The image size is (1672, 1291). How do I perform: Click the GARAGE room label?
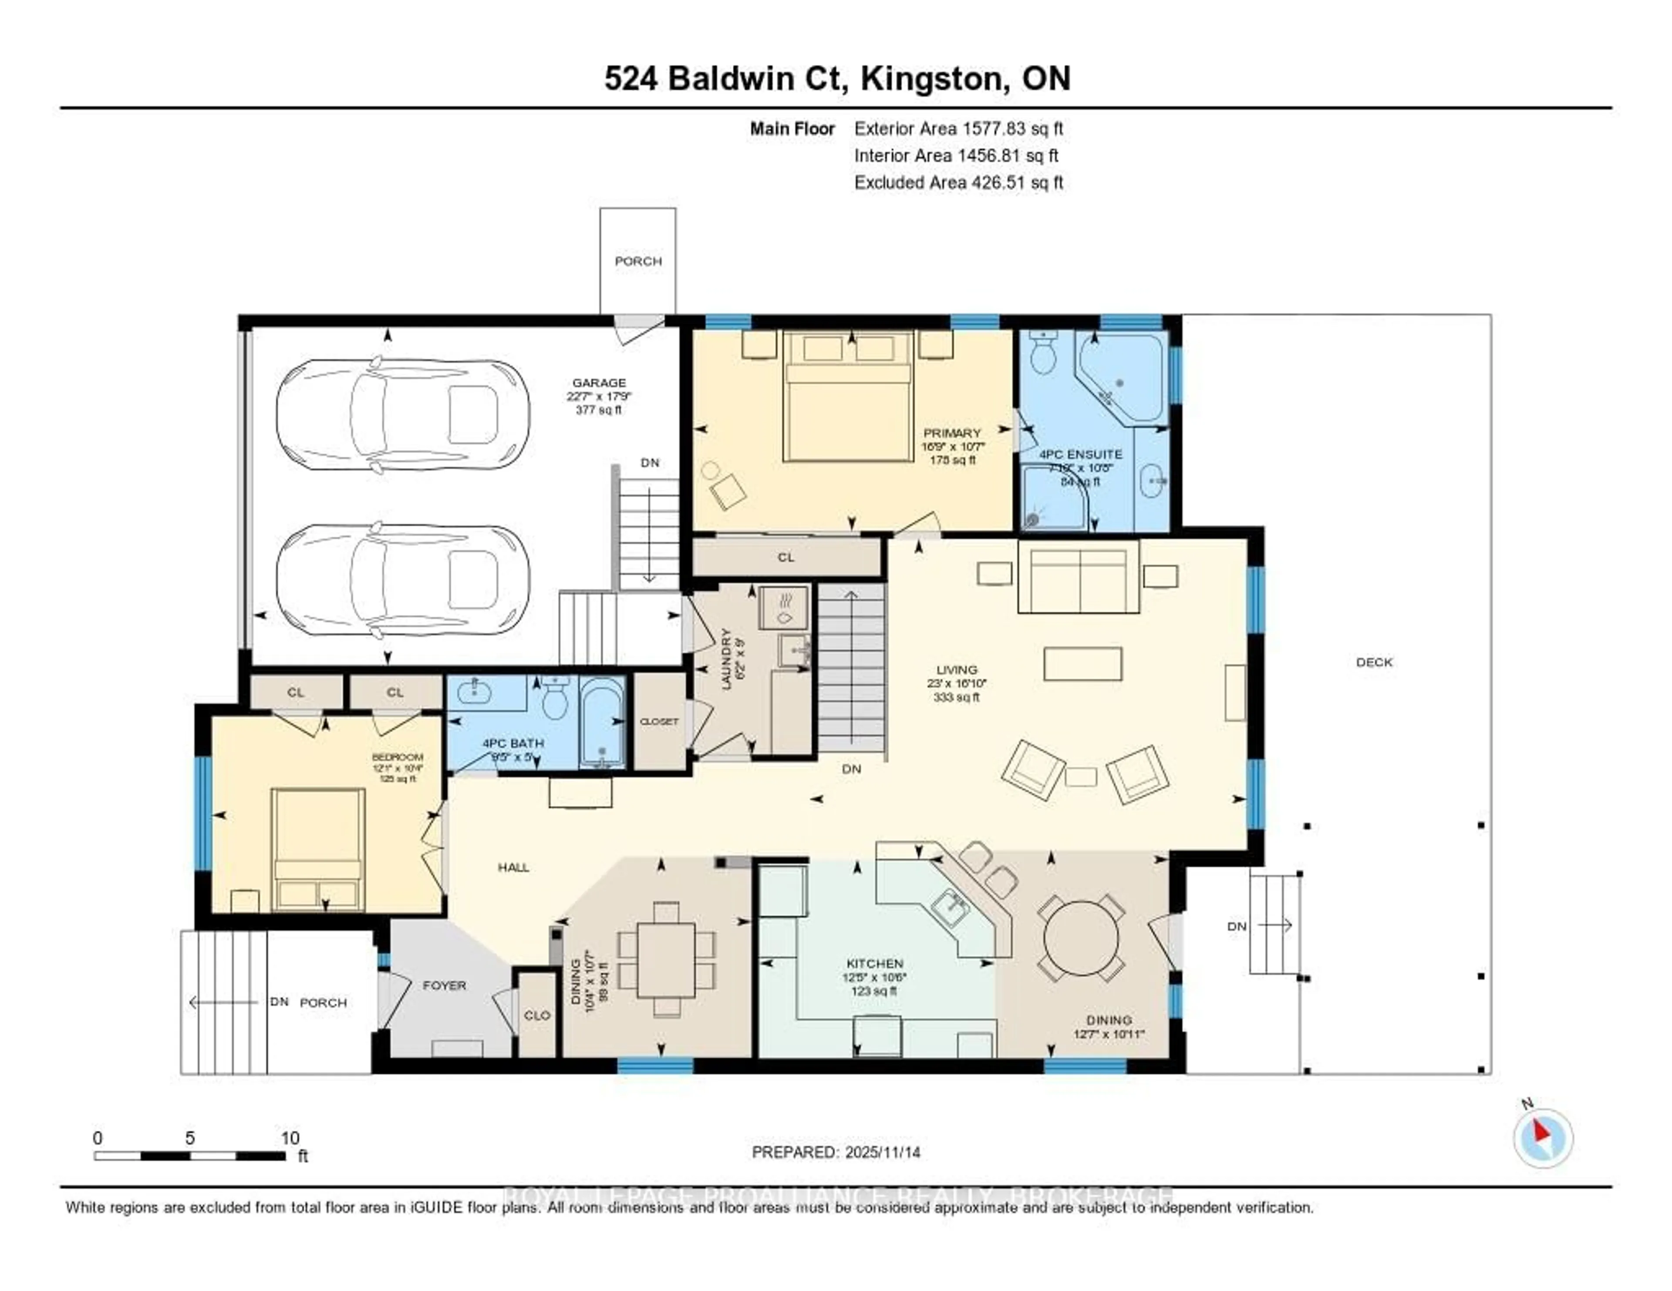(x=599, y=383)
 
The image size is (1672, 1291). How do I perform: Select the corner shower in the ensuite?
(x=1053, y=499)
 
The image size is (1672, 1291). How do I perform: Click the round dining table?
(x=1081, y=938)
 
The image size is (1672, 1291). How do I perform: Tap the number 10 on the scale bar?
(x=290, y=1138)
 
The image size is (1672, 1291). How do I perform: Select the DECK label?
(x=1374, y=662)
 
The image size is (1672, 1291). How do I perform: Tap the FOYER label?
(x=444, y=985)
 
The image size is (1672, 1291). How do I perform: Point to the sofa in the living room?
(x=1078, y=578)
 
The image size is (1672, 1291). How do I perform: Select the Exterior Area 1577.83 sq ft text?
(x=958, y=128)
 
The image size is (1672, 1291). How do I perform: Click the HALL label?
(x=513, y=867)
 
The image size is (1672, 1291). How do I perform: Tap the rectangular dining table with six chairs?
(x=666, y=960)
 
